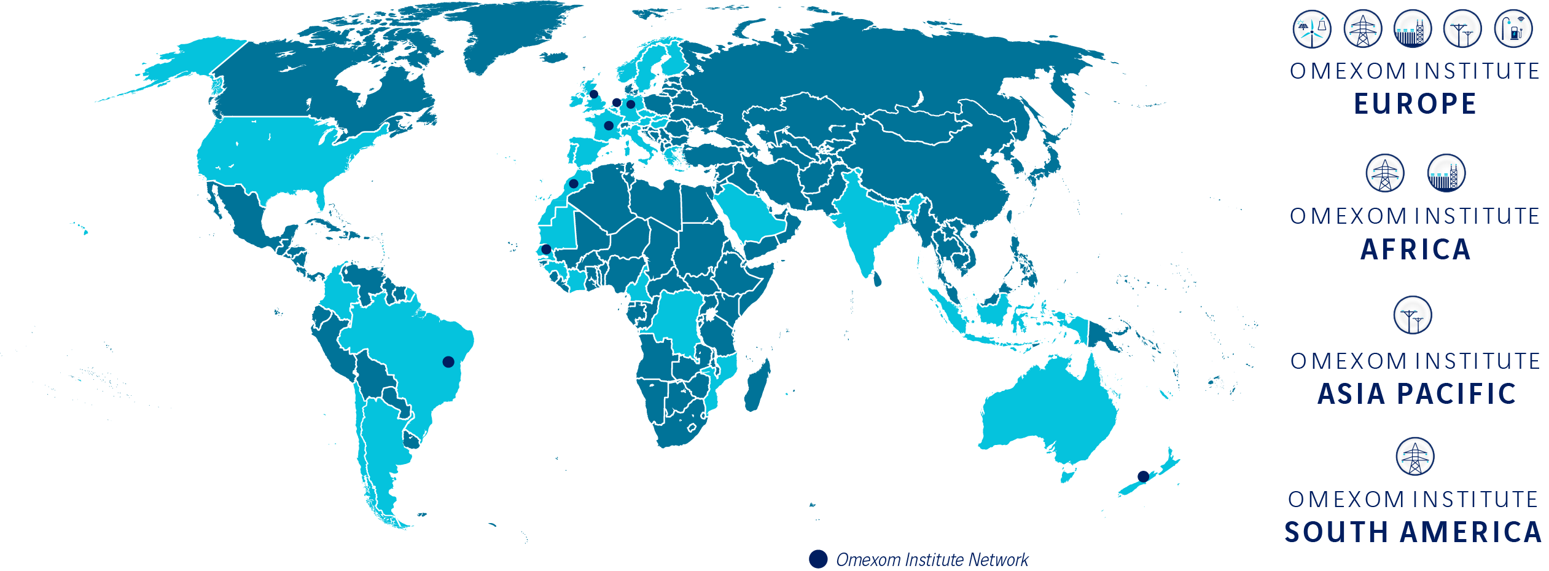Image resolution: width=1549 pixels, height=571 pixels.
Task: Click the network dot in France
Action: tap(609, 126)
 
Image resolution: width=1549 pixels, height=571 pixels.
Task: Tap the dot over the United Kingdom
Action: tap(594, 94)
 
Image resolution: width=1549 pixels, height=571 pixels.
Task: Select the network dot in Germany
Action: tap(631, 104)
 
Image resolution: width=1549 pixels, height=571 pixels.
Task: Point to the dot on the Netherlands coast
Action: tap(617, 103)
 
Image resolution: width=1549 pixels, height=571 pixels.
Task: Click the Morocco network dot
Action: tap(574, 184)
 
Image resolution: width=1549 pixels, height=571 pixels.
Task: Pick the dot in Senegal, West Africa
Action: tap(546, 249)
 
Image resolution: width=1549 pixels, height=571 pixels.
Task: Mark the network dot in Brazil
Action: tap(448, 362)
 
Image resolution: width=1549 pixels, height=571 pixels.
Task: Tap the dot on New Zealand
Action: tap(1143, 476)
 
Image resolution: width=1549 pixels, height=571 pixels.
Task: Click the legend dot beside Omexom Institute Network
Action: tap(818, 559)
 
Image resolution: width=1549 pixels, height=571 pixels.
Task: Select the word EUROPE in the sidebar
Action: tap(1415, 104)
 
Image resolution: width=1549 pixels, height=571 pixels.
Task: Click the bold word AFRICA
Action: tap(1415, 250)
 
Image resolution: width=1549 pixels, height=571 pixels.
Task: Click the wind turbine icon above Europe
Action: tap(1312, 29)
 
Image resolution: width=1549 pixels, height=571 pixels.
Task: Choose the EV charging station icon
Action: tap(1513, 29)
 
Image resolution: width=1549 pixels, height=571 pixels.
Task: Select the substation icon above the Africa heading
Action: tap(1446, 173)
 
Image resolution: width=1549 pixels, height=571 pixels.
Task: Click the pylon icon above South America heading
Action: tap(1415, 457)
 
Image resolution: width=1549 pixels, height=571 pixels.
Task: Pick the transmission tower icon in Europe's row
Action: tap(1363, 29)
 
